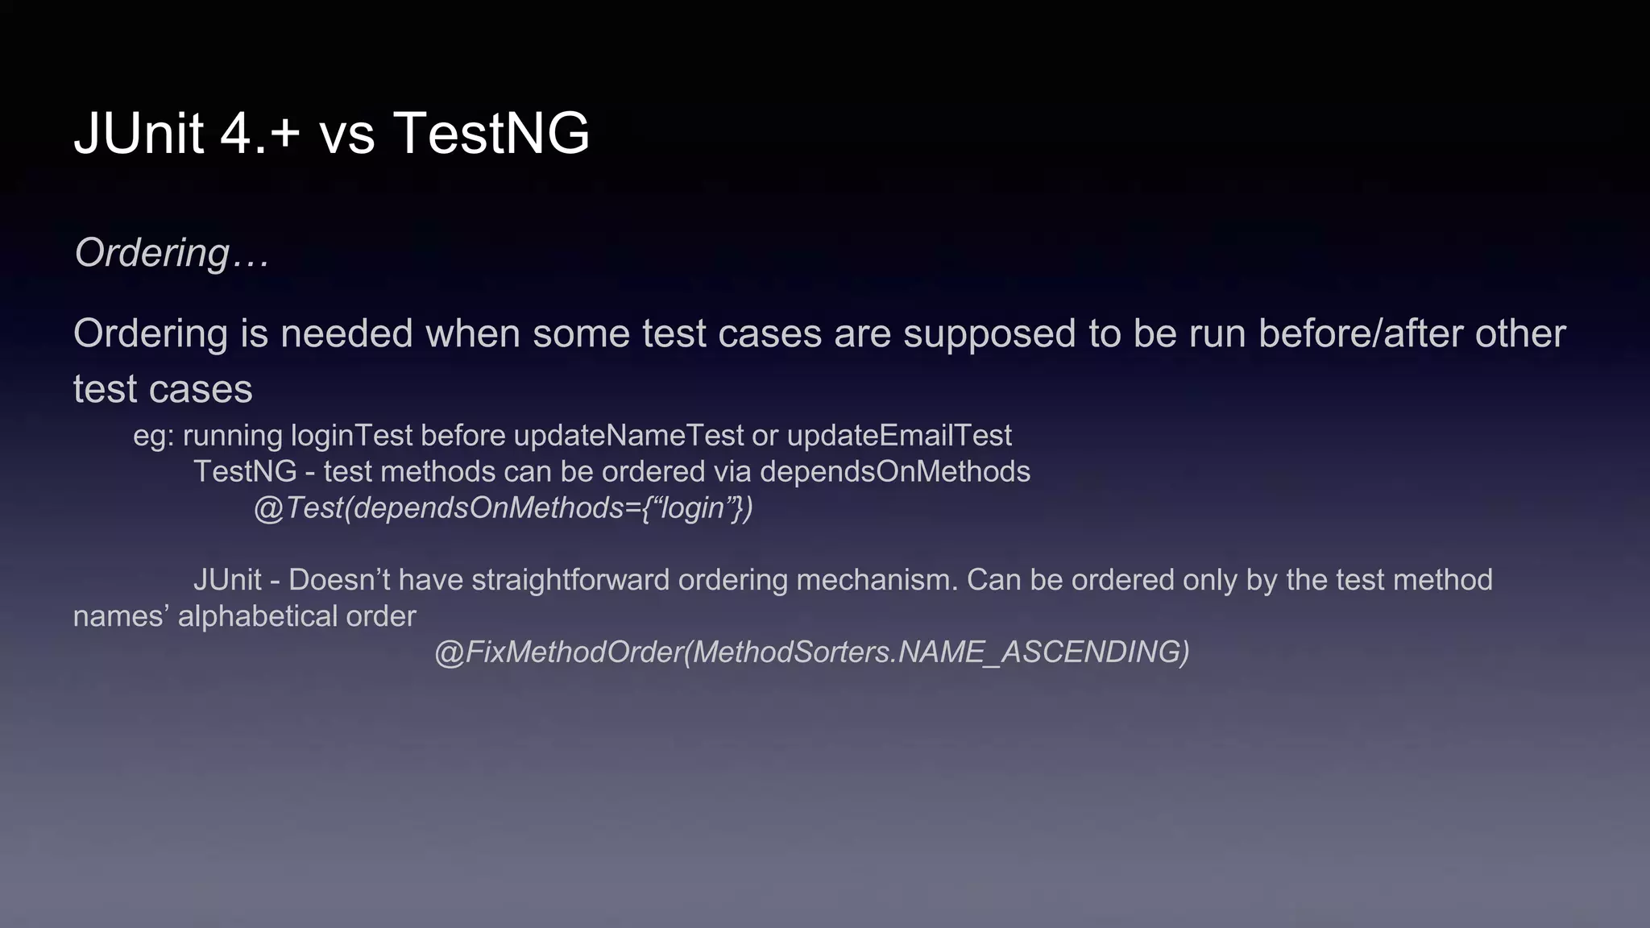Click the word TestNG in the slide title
491,133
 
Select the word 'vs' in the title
347,135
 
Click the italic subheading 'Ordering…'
172,254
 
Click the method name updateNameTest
628,436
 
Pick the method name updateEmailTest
898,436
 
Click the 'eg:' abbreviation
154,436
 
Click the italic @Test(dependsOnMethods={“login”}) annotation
504,508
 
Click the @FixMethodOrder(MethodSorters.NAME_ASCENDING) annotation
811,652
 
